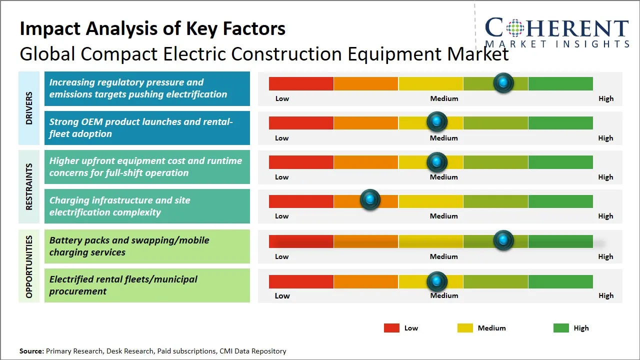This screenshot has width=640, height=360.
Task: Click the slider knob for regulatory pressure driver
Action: (x=503, y=82)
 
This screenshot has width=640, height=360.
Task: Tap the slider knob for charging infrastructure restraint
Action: (x=370, y=200)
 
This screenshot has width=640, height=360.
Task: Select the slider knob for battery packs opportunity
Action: (x=503, y=240)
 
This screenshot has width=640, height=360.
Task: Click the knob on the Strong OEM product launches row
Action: (x=437, y=121)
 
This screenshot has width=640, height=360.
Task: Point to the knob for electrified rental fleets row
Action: (x=437, y=281)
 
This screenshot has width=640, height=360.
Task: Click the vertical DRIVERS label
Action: (x=29, y=108)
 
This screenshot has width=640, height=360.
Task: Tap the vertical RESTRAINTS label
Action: (x=29, y=186)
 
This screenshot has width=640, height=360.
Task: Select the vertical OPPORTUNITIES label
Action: (x=29, y=266)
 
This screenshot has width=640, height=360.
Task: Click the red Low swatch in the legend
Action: (x=391, y=328)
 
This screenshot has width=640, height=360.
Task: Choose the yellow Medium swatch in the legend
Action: (x=465, y=328)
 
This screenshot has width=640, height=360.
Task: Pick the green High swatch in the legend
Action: (x=561, y=328)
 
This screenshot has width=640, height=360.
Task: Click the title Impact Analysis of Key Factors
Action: (x=152, y=28)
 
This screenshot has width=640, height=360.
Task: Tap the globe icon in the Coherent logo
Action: (x=514, y=27)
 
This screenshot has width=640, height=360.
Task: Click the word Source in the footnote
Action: (x=31, y=351)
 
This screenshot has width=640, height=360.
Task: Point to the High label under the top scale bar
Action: (x=605, y=98)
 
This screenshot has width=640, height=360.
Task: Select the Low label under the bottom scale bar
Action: (x=282, y=295)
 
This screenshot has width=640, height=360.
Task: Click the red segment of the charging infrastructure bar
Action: (x=301, y=201)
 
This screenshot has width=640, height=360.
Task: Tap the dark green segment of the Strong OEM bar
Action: (x=560, y=122)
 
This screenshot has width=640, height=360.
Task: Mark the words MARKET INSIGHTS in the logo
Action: (x=557, y=44)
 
